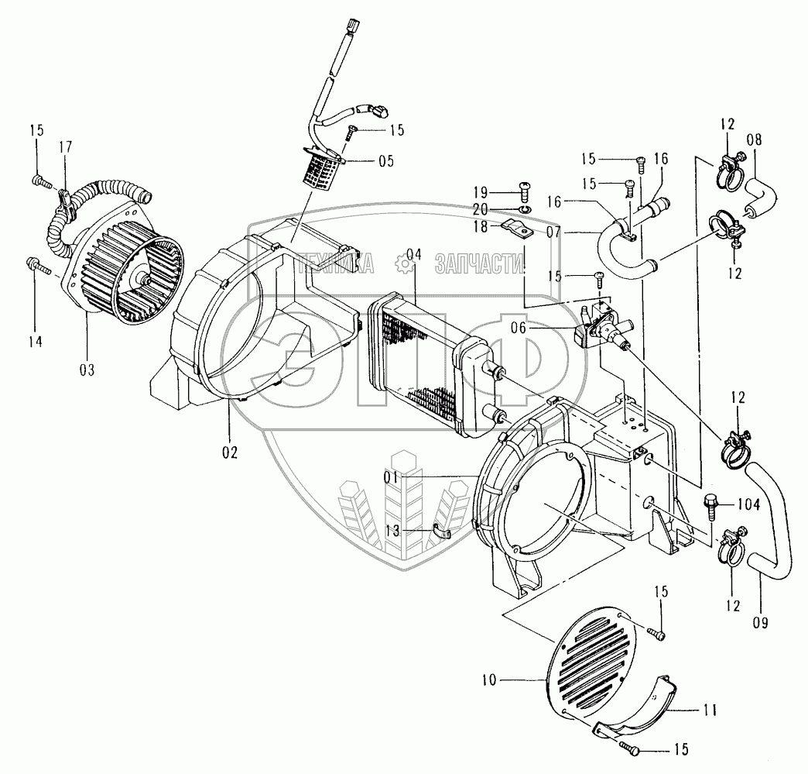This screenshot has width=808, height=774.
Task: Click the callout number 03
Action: pyautogui.click(x=86, y=370)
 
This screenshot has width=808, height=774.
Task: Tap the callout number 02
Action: pyautogui.click(x=230, y=451)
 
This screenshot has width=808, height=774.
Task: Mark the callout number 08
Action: pyautogui.click(x=753, y=141)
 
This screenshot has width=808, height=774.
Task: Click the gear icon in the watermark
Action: pyautogui.click(x=404, y=263)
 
